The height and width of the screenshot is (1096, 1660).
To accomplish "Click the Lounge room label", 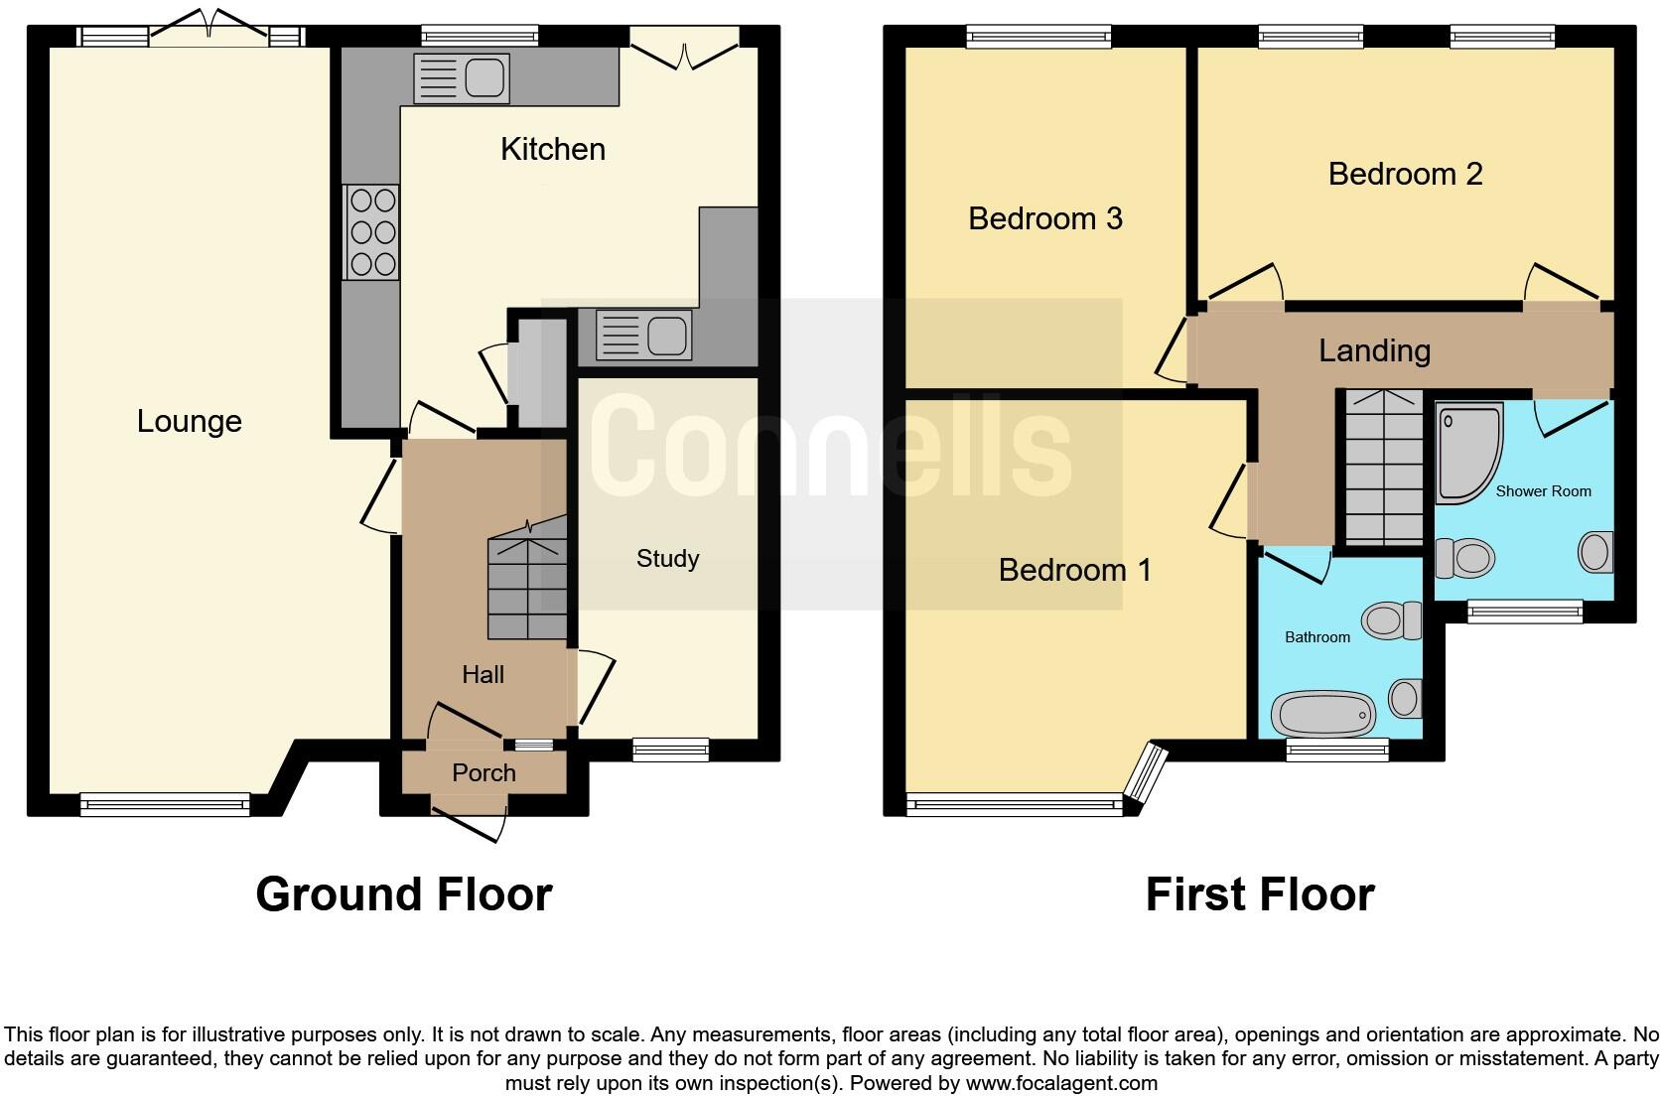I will coord(189,421).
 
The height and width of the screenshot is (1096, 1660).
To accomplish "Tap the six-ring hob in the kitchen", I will coord(372,232).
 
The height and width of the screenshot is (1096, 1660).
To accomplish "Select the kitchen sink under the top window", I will coord(461,78).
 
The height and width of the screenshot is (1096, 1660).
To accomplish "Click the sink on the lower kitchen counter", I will coord(643,335).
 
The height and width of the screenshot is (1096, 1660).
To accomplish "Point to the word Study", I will coord(667,559).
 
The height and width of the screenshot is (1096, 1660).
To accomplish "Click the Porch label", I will coord(484,773).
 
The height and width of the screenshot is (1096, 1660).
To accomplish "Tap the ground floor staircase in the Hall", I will coord(527,586).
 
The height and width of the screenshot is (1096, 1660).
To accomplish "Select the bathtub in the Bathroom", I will coord(1323,713).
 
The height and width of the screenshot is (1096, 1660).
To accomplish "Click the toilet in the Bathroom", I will coord(1392,620).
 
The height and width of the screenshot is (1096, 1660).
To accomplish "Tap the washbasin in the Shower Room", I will coord(1595,552).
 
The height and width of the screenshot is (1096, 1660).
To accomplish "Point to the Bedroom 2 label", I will coord(1405,175).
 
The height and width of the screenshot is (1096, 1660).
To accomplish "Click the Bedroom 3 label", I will coord(1044,218).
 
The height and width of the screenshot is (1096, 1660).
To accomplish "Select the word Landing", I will coord(1374,350).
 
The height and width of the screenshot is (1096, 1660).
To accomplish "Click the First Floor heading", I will coord(1259,894).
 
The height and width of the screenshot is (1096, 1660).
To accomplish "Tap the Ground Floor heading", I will coord(403,894).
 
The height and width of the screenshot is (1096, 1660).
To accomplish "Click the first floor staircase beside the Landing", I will coord(1383,467).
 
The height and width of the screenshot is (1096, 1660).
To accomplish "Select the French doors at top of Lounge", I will coord(208,30).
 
